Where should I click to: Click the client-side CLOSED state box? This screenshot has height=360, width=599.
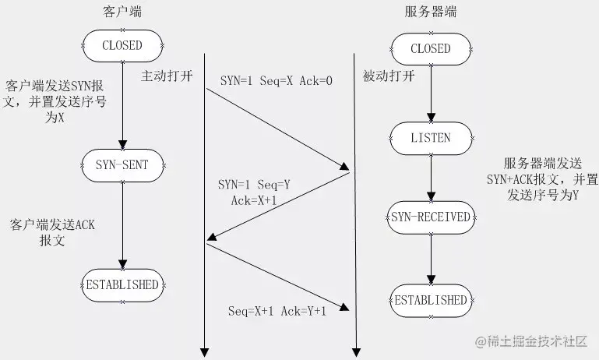click(122, 45)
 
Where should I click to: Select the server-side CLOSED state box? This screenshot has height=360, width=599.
click(431, 48)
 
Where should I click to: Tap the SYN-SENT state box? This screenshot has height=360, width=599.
click(122, 164)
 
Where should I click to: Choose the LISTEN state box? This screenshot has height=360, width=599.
click(431, 138)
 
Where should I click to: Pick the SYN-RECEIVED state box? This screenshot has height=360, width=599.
click(431, 217)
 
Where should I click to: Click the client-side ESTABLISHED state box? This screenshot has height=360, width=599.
click(122, 284)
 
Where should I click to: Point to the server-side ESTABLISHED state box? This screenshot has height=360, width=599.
click(431, 300)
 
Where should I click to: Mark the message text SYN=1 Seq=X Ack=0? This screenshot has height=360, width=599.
click(276, 79)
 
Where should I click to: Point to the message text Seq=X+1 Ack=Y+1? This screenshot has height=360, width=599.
click(277, 311)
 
